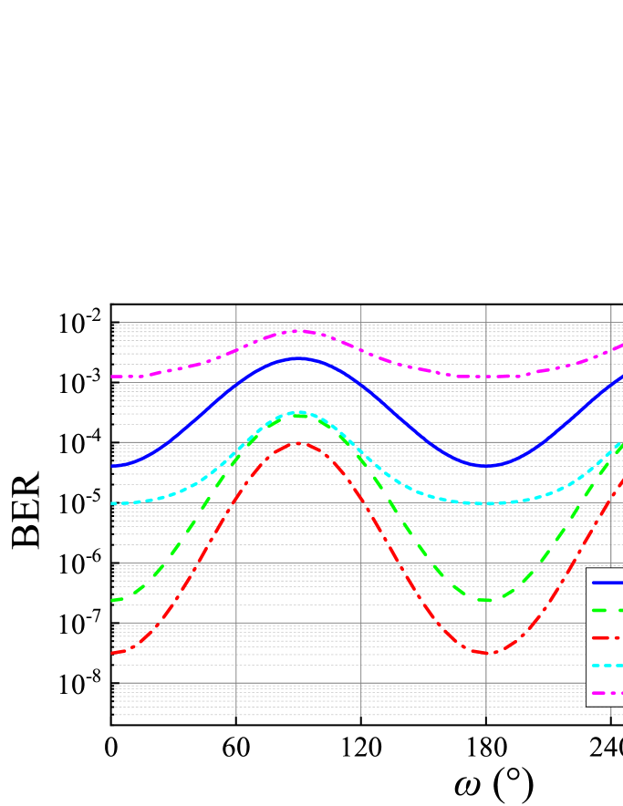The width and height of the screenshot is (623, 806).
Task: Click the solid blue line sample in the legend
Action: coord(607,582)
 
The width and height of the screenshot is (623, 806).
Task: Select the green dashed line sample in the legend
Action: coord(607,610)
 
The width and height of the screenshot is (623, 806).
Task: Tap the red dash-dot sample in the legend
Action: coord(607,637)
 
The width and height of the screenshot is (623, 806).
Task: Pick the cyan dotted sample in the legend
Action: coord(607,666)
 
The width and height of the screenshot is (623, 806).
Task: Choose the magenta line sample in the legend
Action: coord(607,693)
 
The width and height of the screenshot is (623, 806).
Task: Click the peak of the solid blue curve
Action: coord(298,358)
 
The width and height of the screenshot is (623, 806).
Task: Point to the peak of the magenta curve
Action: coord(298,330)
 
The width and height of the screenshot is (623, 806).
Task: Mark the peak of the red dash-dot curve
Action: coord(298,442)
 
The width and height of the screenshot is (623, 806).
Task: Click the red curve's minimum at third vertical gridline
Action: coord(486,653)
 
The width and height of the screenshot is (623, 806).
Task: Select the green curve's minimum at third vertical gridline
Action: coord(486,600)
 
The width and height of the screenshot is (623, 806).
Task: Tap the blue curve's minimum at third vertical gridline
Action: coord(486,466)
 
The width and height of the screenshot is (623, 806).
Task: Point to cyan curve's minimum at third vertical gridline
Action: coord(486,503)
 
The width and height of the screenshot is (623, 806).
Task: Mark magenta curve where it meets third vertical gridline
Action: coord(486,377)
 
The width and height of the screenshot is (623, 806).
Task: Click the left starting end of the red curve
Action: coord(113,653)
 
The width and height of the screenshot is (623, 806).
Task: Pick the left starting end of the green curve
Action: coord(113,600)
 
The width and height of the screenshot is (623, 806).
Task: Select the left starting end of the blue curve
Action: coord(113,466)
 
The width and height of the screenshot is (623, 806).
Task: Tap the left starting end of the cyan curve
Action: coord(113,503)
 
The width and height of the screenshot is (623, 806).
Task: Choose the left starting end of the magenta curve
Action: coord(113,377)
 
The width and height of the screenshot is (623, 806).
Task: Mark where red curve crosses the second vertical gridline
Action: coord(361,499)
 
